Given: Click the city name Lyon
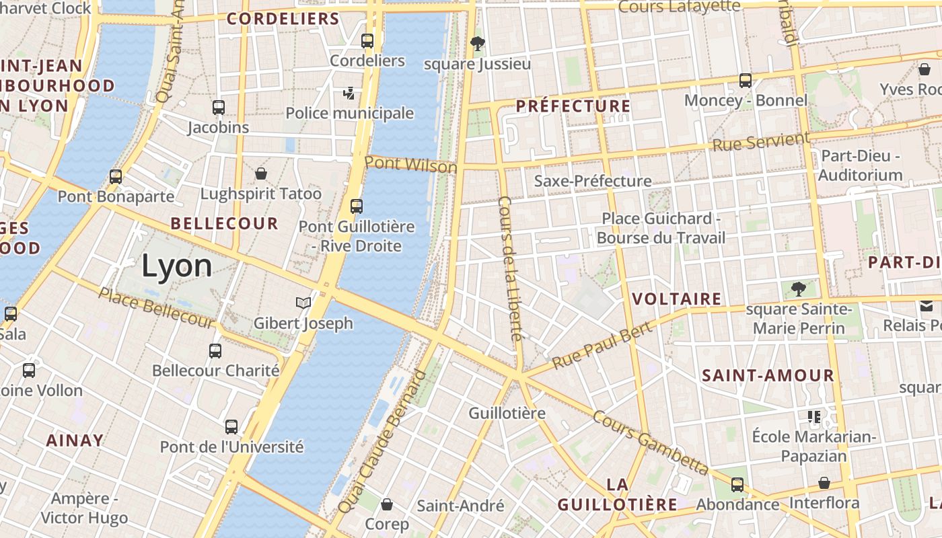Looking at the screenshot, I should point(176,267).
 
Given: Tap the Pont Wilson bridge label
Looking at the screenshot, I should point(410,164).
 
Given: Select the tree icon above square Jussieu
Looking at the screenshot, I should point(478,44).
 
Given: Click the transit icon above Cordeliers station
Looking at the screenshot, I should point(367,41).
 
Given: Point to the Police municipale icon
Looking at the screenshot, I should point(349,93).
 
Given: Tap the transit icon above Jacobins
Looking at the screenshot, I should point(218,107).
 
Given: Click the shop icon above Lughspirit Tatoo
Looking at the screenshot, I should point(261,174).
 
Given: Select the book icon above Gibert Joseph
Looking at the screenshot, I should point(303,303).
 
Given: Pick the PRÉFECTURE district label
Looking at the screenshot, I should point(573,106).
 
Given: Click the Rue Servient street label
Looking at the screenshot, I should point(760,142).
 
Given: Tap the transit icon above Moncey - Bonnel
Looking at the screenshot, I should point(745,81).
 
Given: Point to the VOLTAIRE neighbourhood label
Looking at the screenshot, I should point(677,299).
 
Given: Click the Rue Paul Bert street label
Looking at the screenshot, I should point(602,346).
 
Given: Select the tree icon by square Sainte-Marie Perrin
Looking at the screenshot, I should point(798,289).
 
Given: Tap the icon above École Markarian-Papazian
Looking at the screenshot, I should point(814,417).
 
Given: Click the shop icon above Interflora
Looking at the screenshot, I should point(824,483).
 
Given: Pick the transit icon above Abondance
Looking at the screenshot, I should point(737,484).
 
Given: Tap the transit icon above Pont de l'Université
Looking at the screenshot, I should point(231,426).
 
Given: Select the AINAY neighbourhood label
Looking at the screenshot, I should point(75,440).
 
